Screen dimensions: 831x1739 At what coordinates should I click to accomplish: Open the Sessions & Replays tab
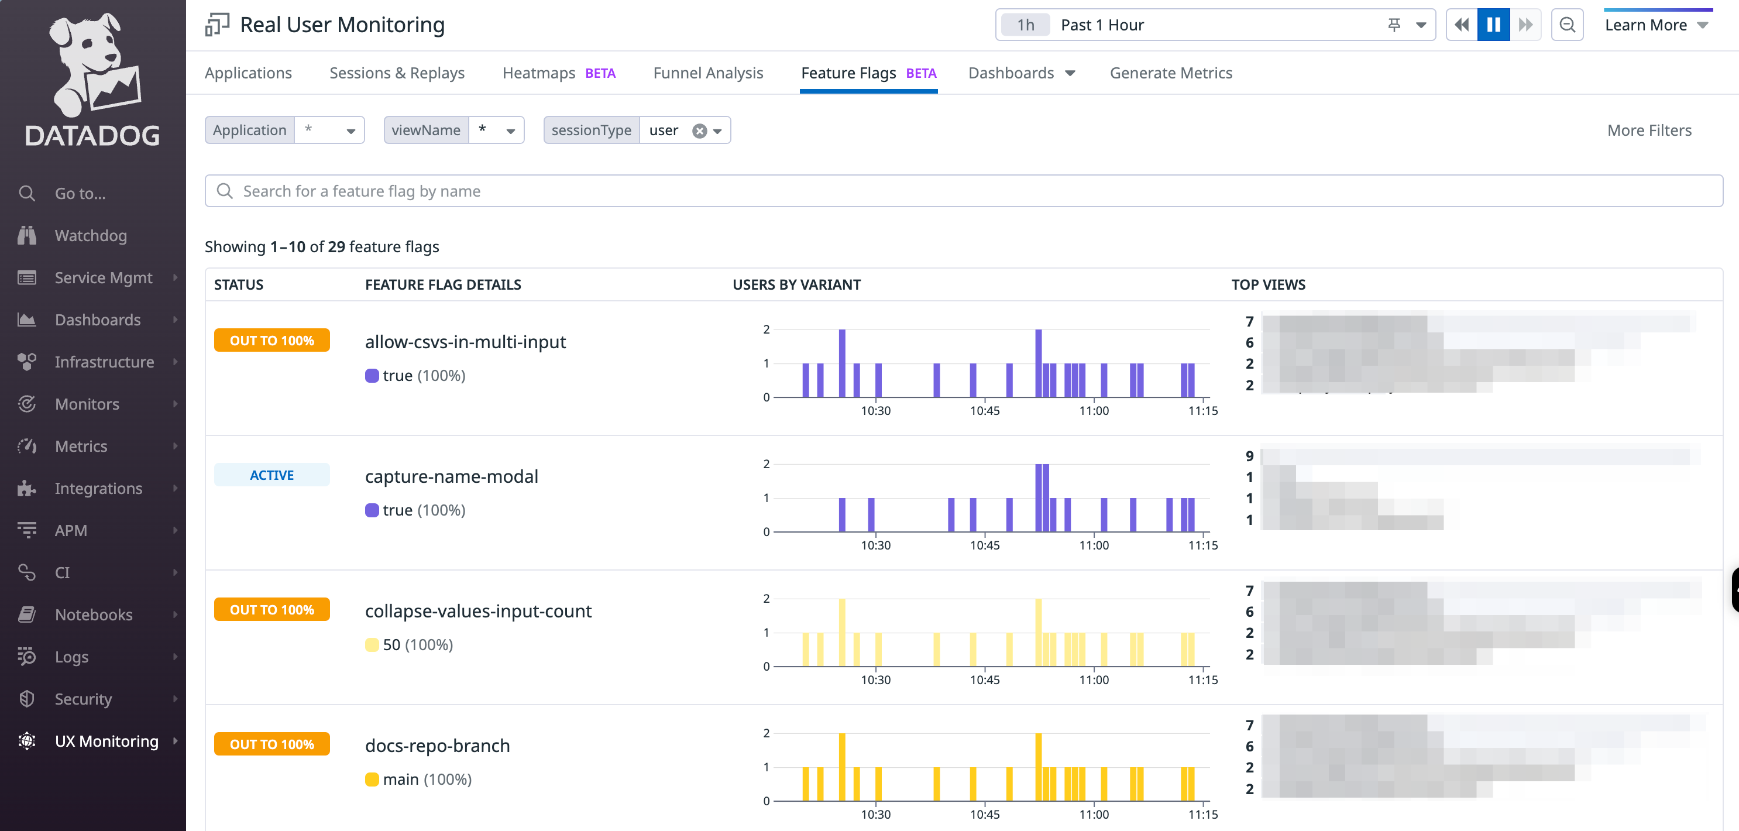[x=396, y=73]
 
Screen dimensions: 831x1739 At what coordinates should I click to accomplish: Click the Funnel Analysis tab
[x=707, y=73]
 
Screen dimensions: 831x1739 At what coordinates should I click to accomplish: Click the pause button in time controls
[x=1493, y=25]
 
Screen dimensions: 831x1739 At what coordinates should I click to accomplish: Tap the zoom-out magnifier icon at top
[x=1566, y=25]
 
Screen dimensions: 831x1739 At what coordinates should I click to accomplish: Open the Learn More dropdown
[x=1656, y=25]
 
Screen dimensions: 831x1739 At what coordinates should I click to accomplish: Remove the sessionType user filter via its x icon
[x=699, y=131]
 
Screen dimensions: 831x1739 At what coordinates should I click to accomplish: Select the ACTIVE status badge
[x=271, y=475]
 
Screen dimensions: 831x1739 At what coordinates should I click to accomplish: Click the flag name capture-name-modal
[x=451, y=476]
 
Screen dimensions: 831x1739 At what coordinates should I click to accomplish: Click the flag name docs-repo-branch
[x=437, y=746]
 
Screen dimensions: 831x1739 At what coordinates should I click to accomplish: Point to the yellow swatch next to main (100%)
[x=372, y=779]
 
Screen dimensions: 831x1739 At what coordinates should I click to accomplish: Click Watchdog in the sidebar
[x=91, y=236]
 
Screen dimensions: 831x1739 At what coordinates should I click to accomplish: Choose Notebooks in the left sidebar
[x=93, y=614]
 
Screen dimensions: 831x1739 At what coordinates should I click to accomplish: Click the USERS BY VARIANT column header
[x=796, y=284]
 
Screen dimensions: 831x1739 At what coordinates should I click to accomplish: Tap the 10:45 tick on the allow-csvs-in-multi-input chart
[x=984, y=410]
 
